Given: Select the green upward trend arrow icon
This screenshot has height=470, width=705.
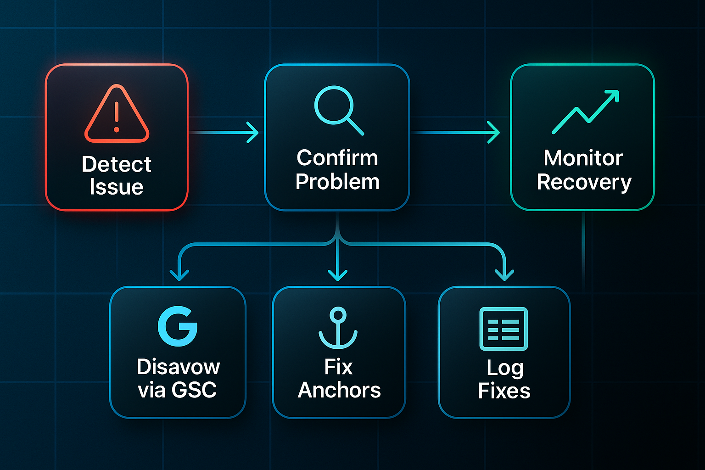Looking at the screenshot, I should coord(586,112).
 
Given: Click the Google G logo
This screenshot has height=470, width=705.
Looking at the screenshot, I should coord(178,326).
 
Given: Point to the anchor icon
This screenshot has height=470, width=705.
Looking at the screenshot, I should coord(338,328).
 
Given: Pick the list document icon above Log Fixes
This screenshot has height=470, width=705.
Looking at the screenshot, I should coord(504,329).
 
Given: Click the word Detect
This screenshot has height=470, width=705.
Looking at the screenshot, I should coord(117,164).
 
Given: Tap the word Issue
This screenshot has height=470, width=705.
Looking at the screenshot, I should coord(117,187).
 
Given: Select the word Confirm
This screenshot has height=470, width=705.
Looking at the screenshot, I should coord(337,158).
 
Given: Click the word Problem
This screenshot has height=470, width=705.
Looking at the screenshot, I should coord(337,182).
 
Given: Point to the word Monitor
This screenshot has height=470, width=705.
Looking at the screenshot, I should coord(583,158).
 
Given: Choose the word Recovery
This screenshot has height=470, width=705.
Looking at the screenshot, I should coord(584,182).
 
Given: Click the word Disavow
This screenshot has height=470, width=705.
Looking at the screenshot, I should coord(178,367).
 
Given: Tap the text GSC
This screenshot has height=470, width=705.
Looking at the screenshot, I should coord(194,390).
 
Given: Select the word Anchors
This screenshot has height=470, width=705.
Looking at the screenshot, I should coord(339,390).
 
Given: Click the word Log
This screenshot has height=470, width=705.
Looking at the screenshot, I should coord(504,368).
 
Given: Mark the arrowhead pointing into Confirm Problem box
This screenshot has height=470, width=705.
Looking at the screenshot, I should coord(253,133).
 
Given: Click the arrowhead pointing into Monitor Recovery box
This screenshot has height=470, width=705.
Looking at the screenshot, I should coord(494,133).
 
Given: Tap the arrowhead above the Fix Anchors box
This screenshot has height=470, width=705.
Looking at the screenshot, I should coord(338,275).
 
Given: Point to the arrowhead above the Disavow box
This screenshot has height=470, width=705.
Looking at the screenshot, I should coord(179,275).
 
